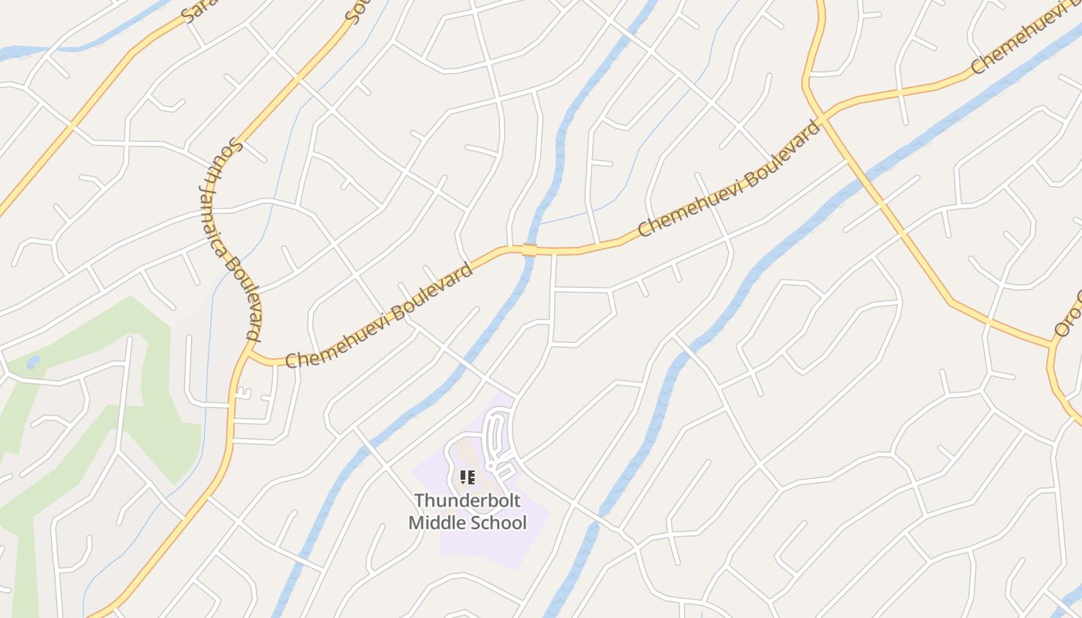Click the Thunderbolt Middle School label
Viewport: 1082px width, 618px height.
click(x=468, y=511)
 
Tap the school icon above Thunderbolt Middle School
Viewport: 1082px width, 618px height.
click(x=468, y=477)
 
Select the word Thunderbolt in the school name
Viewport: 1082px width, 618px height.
click(x=468, y=501)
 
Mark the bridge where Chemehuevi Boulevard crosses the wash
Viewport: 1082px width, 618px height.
click(x=529, y=250)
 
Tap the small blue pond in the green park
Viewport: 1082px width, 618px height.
click(x=33, y=362)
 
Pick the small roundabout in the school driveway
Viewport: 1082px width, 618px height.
click(x=491, y=467)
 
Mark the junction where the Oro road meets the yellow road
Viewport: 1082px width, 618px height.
click(x=1052, y=345)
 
